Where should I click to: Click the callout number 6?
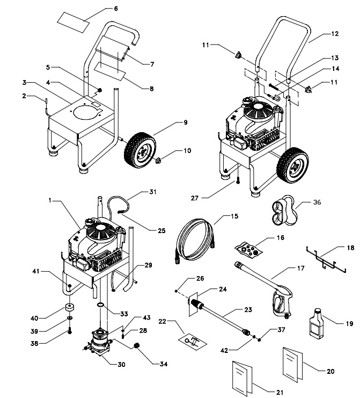[x=115, y=9]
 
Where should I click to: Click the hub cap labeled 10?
[x=160, y=161]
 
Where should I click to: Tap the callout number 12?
[x=335, y=33]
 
